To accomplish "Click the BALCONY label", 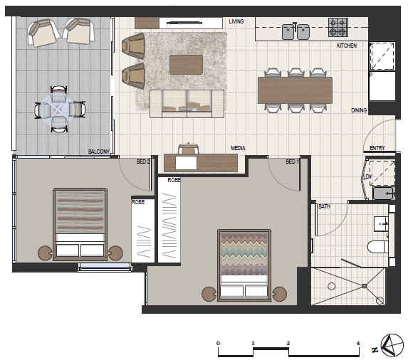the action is (99, 152).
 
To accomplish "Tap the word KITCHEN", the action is (347, 46).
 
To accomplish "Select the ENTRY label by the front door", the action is (377, 148).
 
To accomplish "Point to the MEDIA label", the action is (238, 148).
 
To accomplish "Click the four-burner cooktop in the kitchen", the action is (338, 27).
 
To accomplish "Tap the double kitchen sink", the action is (295, 31).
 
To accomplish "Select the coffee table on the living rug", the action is (186, 65).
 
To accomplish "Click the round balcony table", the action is (60, 110).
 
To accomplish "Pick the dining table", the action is (295, 90).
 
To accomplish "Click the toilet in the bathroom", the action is (378, 246).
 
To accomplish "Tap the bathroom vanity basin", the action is (381, 223).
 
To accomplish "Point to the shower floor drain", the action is (365, 286).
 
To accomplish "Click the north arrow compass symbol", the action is (392, 345).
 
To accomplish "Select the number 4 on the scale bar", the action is (358, 344).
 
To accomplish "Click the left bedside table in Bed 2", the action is (46, 253).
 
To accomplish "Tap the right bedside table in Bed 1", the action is (279, 294).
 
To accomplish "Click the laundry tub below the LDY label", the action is (384, 194).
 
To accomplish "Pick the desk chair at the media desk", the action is (189, 149).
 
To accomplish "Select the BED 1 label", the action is (293, 162).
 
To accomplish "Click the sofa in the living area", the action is (187, 104).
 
